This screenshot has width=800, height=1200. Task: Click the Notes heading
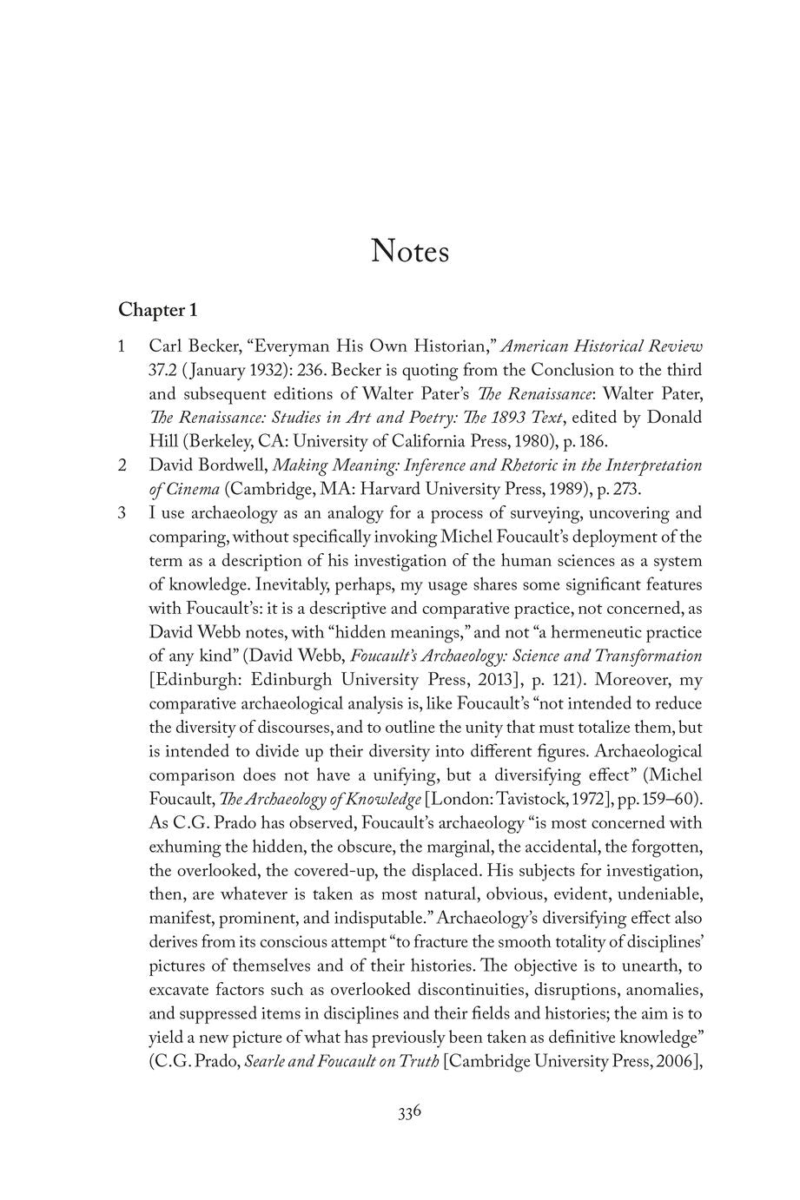pyautogui.click(x=410, y=251)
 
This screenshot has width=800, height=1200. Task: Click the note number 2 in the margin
pyautogui.click(x=122, y=465)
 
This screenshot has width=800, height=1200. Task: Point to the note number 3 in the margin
pyautogui.click(x=122, y=513)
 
